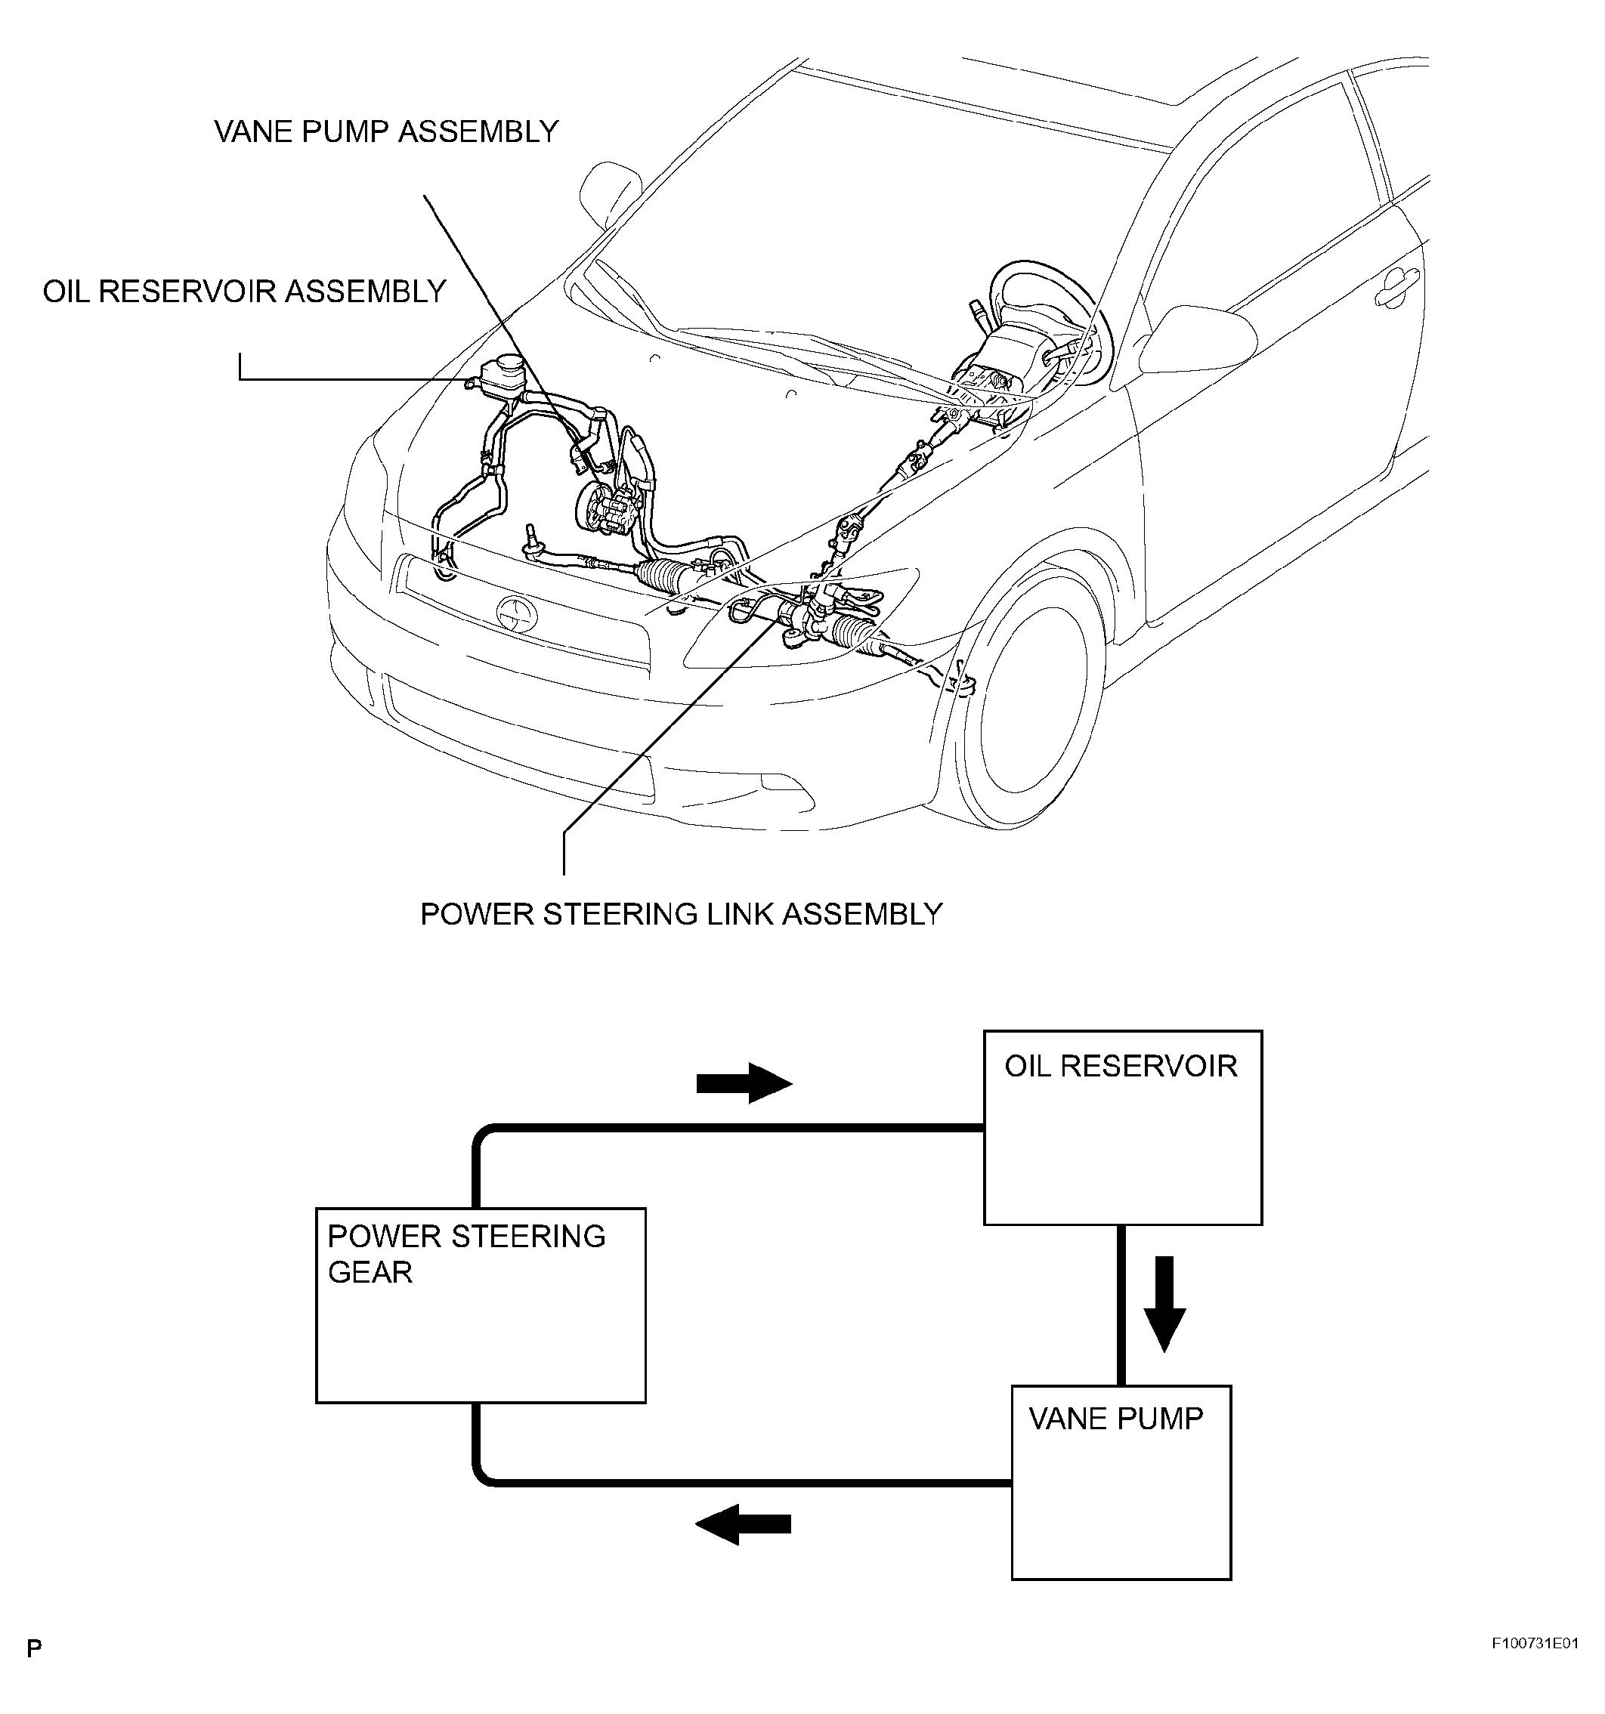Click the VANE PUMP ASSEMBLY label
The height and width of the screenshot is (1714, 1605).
pos(385,132)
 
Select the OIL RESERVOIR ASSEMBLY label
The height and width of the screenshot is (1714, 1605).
pos(244,292)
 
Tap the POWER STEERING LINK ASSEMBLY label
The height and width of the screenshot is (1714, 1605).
pos(681,914)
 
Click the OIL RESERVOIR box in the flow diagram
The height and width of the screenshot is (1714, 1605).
pos(1122,1127)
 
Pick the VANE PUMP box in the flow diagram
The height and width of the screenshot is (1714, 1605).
pos(1121,1482)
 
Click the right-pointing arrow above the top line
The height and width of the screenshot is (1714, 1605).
pos(744,1083)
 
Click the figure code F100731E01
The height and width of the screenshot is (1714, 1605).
pos(1535,1643)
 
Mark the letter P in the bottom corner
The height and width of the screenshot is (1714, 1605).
pos(34,1649)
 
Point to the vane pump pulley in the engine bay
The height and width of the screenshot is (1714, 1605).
pos(592,508)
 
